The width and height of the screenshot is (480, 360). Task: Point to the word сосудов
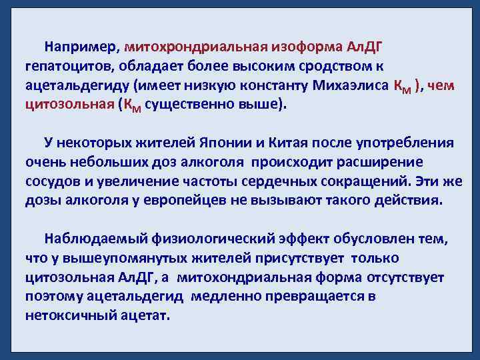point(52,181)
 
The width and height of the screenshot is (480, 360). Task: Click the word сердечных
point(301,181)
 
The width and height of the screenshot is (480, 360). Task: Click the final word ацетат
point(148,315)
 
